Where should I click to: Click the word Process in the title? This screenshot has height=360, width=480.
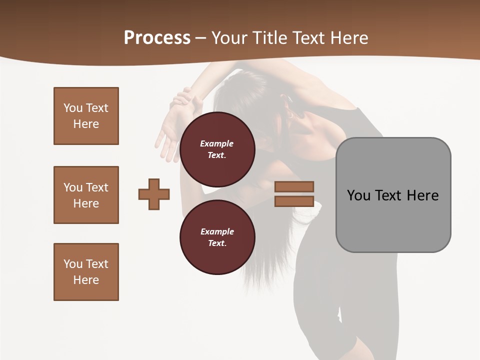(157, 38)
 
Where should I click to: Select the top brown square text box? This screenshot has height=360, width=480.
(86, 116)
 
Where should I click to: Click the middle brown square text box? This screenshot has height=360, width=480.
(86, 195)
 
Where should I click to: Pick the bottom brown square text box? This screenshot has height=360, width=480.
(86, 272)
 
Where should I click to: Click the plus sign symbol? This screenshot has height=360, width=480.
(154, 194)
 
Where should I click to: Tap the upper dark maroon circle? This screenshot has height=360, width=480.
(217, 149)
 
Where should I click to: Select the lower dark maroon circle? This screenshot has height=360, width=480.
(217, 237)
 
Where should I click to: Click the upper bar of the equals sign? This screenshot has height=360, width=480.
(294, 186)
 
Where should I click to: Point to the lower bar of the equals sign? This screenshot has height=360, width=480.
(294, 201)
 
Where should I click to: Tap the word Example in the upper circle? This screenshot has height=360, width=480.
(217, 143)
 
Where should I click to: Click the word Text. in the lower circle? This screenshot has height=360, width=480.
(217, 243)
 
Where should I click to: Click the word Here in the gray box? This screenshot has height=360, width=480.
(422, 195)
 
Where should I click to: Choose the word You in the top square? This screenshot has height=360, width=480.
(73, 108)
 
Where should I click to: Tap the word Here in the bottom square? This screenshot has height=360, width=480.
(86, 280)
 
